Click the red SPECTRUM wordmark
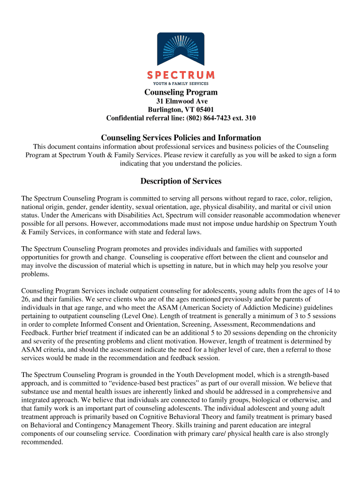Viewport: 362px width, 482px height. [181, 75]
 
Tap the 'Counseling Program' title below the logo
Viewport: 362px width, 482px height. [181, 92]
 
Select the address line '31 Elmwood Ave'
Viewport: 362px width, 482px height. [181, 101]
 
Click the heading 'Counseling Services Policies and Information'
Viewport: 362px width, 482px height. [181, 138]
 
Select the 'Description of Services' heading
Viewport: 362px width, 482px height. [181, 181]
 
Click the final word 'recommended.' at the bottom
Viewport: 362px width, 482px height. [42, 442]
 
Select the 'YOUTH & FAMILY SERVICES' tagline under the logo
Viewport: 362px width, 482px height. [181, 83]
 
